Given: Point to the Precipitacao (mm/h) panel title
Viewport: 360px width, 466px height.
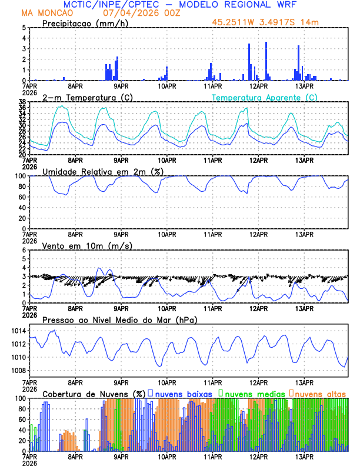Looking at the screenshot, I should pyautogui.click(x=85, y=23).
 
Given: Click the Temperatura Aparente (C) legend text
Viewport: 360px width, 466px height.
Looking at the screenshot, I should pyautogui.click(x=264, y=97).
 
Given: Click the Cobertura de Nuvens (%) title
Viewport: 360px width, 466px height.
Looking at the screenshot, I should pyautogui.click(x=94, y=394).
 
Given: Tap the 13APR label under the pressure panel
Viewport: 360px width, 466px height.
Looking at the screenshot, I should pyautogui.click(x=304, y=382).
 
